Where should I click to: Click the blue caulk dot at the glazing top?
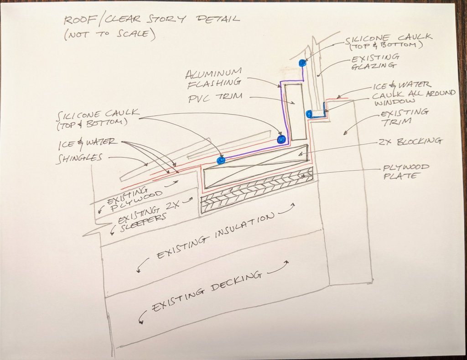pyautogui.click(x=301, y=62)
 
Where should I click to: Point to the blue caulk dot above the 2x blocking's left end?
pyautogui.click(x=222, y=160)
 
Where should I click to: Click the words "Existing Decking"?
pyautogui.click(x=206, y=290)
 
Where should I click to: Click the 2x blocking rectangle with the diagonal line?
pyautogui.click(x=255, y=167)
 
